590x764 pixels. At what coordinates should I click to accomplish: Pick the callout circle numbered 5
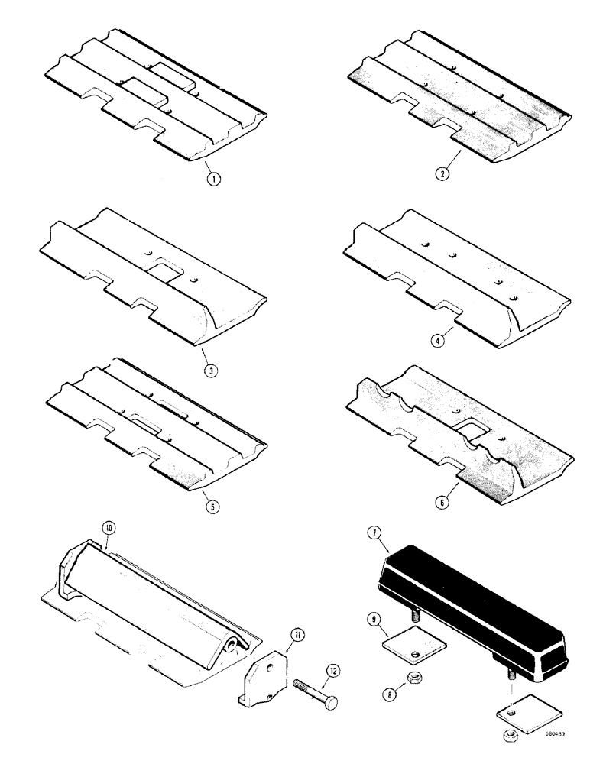[205, 505]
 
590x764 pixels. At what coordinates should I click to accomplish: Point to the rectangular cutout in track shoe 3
[162, 271]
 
